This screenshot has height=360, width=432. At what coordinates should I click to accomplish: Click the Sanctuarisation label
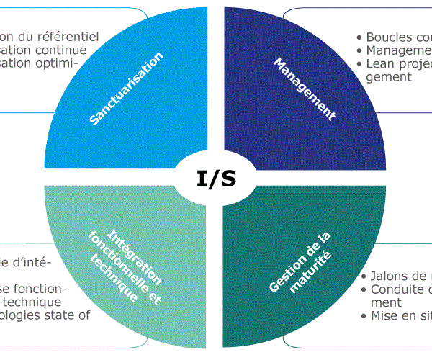click(127, 89)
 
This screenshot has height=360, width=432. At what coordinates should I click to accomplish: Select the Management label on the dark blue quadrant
click(305, 89)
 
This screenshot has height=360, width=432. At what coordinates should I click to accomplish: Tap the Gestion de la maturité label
click(303, 262)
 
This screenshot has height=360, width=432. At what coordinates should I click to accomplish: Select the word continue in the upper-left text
click(61, 50)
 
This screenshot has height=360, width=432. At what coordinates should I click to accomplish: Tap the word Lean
click(380, 63)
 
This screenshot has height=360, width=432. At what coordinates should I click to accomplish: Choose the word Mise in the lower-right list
click(384, 316)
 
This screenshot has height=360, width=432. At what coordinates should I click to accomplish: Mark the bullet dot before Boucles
click(359, 37)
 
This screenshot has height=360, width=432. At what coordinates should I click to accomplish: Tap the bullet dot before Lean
click(359, 64)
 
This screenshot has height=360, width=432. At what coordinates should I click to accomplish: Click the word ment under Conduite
click(387, 303)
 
